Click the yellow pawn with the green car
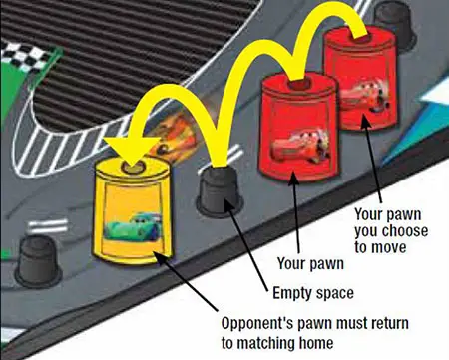[x=133, y=211]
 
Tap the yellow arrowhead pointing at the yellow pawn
[x=131, y=151]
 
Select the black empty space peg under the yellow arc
[x=220, y=190]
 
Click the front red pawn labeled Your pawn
[x=299, y=128]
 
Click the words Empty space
[x=313, y=293]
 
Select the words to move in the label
[x=380, y=247]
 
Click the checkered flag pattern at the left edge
[x=25, y=58]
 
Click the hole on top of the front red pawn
[x=298, y=84]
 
